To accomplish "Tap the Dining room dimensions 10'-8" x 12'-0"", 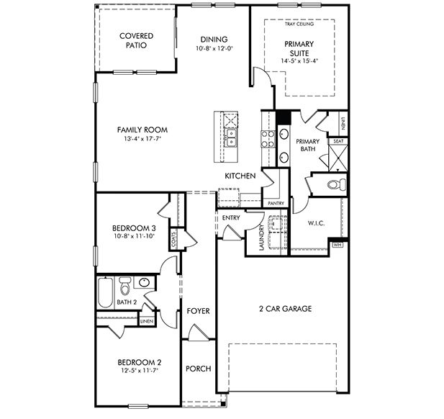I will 214,49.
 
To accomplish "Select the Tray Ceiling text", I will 299,24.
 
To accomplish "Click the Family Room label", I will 142,130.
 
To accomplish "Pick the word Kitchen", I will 240,176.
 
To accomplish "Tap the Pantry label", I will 276,204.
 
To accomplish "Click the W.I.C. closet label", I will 317,224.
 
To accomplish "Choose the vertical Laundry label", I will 261,238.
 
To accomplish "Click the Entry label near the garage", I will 231,217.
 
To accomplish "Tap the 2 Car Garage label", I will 285,309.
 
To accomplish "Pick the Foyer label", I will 198,311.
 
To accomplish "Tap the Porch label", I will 198,369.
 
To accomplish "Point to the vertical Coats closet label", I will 174,238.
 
